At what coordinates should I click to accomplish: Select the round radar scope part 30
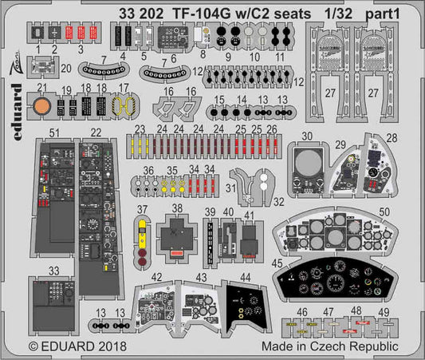(308, 167)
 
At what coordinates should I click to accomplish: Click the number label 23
(140, 129)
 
